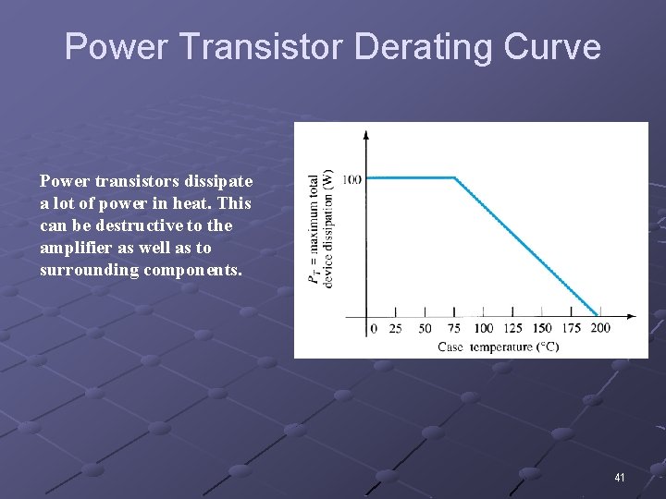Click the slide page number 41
pyautogui.click(x=620, y=477)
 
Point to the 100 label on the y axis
pyautogui.click(x=351, y=178)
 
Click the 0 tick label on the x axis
pyautogui.click(x=373, y=329)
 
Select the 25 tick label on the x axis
pyautogui.click(x=396, y=329)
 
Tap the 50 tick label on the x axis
pyautogui.click(x=425, y=329)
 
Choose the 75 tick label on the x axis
pyautogui.click(x=453, y=329)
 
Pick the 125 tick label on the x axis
pyautogui.click(x=512, y=329)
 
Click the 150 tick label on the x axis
pyautogui.click(x=542, y=329)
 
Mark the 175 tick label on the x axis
pyautogui.click(x=571, y=329)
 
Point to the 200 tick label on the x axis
pyautogui.click(x=600, y=329)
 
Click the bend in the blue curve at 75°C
pyautogui.click(x=454, y=177)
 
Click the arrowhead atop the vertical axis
pyautogui.click(x=366, y=135)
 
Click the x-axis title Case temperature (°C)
pyautogui.click(x=499, y=347)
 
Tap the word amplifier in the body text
pyautogui.click(x=76, y=248)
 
